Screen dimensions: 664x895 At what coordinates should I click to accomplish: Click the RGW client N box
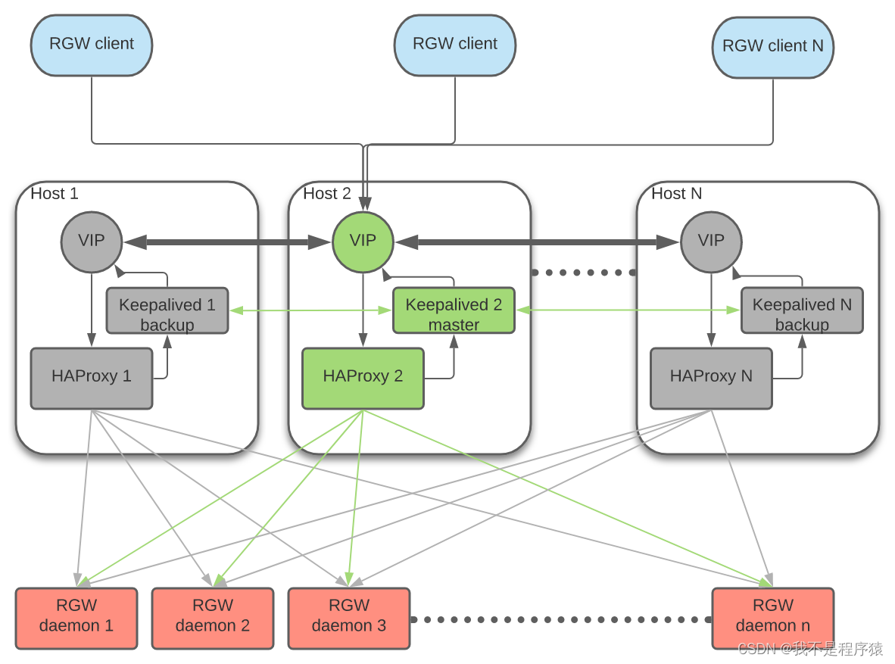point(772,47)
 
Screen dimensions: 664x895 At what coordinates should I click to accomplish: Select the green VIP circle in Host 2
point(363,242)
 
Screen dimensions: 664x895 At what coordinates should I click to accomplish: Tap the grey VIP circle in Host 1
point(91,242)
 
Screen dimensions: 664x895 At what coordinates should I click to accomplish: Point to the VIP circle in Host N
point(710,242)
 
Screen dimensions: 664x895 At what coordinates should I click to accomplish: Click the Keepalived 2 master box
point(454,310)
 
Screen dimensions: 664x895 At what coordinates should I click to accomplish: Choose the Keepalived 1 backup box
point(167,310)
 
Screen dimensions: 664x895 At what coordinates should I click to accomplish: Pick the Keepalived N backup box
point(801,310)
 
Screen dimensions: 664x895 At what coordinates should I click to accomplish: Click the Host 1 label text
point(55,194)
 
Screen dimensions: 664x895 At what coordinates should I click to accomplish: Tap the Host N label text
point(676,194)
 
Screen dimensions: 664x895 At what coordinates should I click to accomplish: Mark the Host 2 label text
point(327,194)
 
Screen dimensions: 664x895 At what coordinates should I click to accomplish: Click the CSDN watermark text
point(810,649)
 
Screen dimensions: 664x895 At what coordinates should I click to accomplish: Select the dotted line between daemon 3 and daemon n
point(560,619)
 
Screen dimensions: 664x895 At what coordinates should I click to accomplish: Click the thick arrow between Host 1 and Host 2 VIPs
point(227,242)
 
